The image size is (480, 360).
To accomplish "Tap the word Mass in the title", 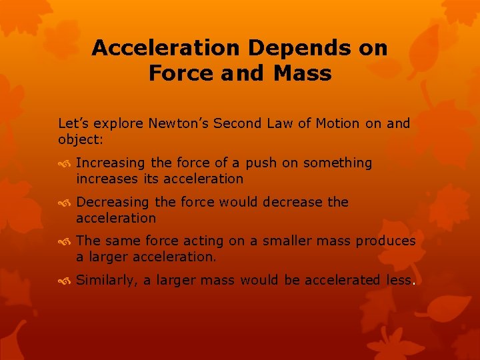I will pos(302,73).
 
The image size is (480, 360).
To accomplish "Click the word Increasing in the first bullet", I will pos(110,163).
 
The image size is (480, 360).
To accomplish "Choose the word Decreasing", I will pos(113,202).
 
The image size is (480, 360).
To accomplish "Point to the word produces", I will pos(385,241).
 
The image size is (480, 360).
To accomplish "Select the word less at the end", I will pos(400,280).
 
